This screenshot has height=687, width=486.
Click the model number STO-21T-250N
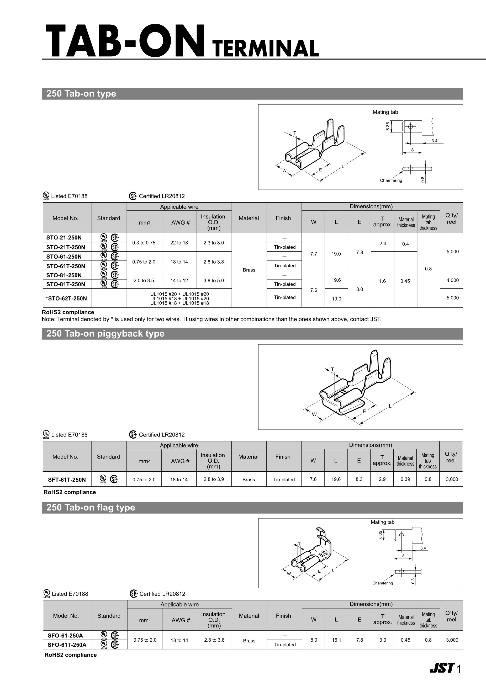point(66,247)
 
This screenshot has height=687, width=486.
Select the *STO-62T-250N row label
point(66,298)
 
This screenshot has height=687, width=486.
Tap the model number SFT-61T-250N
point(67,480)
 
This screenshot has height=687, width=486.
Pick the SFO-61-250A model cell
point(65,635)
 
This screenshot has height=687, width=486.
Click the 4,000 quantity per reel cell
point(452,280)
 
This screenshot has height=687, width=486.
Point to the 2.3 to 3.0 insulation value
point(214,243)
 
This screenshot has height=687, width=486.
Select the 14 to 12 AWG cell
point(179,280)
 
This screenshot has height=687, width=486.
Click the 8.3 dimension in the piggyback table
point(359,479)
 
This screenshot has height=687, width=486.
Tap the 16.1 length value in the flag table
point(336,640)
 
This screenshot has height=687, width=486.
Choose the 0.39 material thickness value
point(405,479)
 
